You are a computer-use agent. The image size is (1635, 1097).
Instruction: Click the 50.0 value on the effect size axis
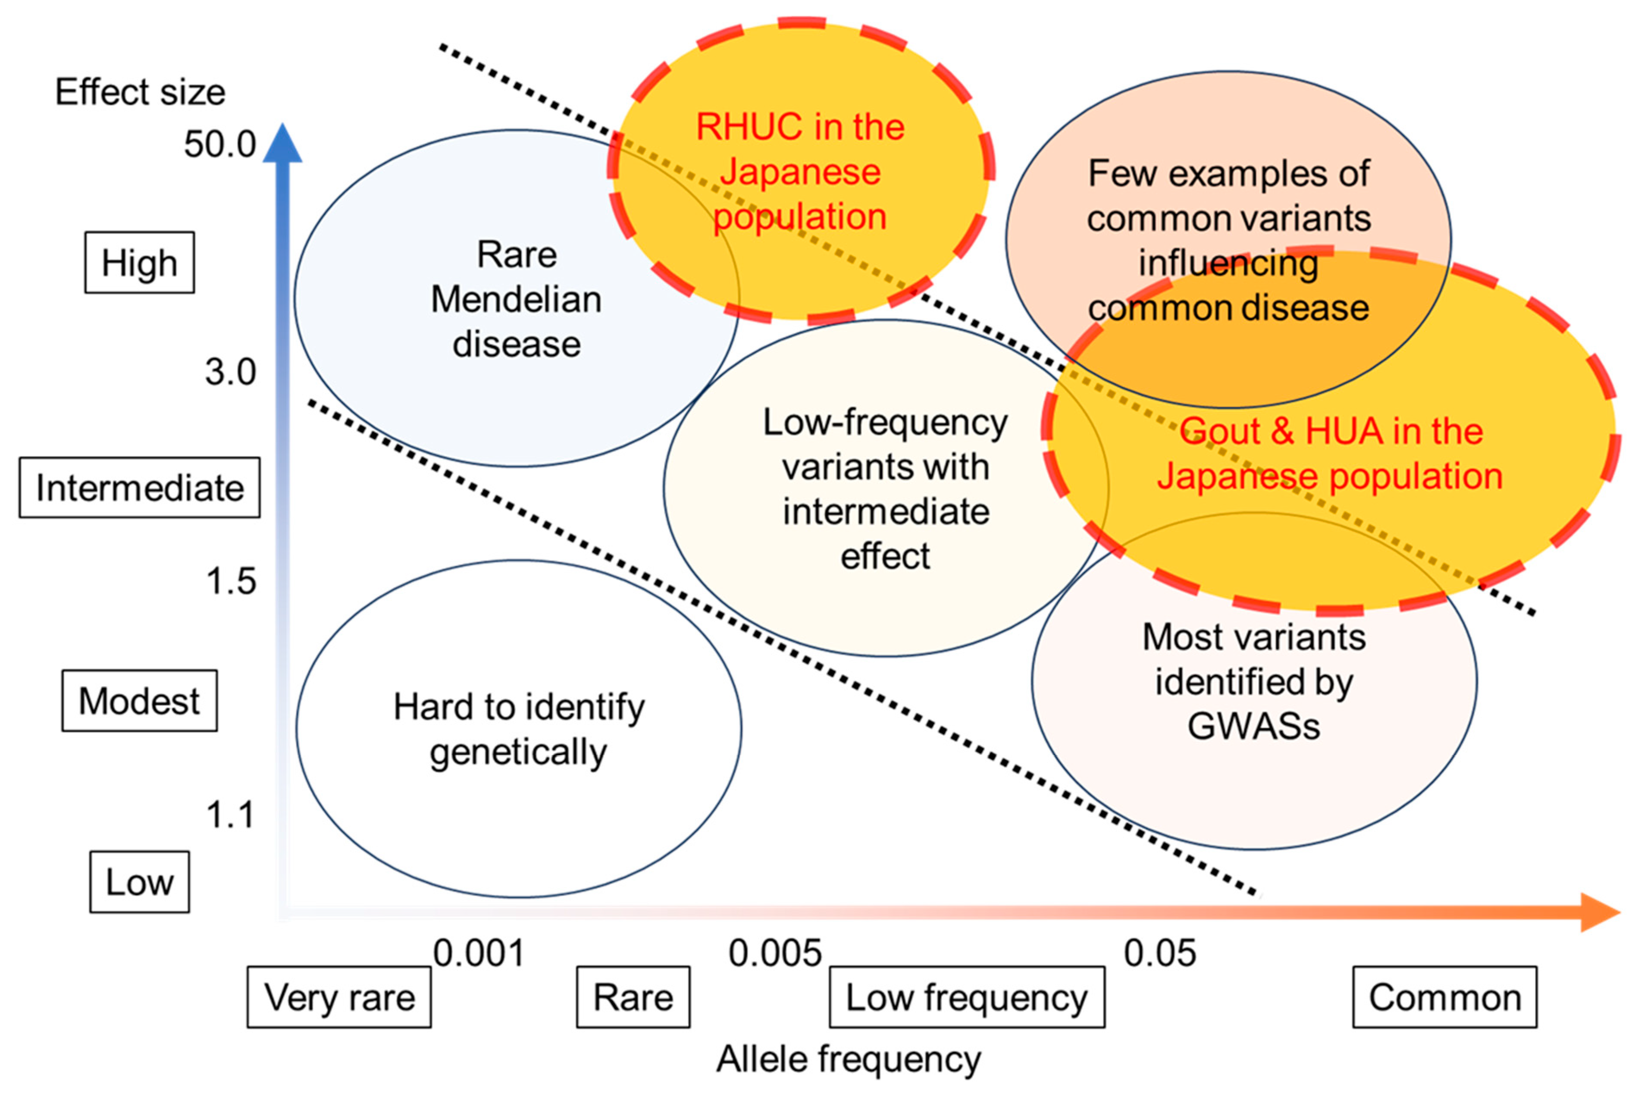point(219,145)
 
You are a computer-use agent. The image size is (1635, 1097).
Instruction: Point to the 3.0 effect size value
point(230,372)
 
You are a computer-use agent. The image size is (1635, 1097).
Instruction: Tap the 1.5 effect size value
point(230,581)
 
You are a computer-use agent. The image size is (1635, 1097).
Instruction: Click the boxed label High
point(139,263)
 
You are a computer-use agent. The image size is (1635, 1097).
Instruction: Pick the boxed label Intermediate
point(139,488)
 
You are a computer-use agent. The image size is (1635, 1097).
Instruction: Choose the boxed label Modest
point(139,701)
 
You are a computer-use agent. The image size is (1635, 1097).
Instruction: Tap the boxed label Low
point(139,882)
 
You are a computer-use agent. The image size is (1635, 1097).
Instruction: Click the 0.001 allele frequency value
point(479,953)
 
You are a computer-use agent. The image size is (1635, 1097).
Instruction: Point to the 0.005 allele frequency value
point(774,953)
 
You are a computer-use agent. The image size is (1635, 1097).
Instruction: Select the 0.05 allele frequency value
point(1159,953)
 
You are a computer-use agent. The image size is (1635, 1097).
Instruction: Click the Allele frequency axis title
point(848,1059)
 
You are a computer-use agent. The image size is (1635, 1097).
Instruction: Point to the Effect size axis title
point(140,92)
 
